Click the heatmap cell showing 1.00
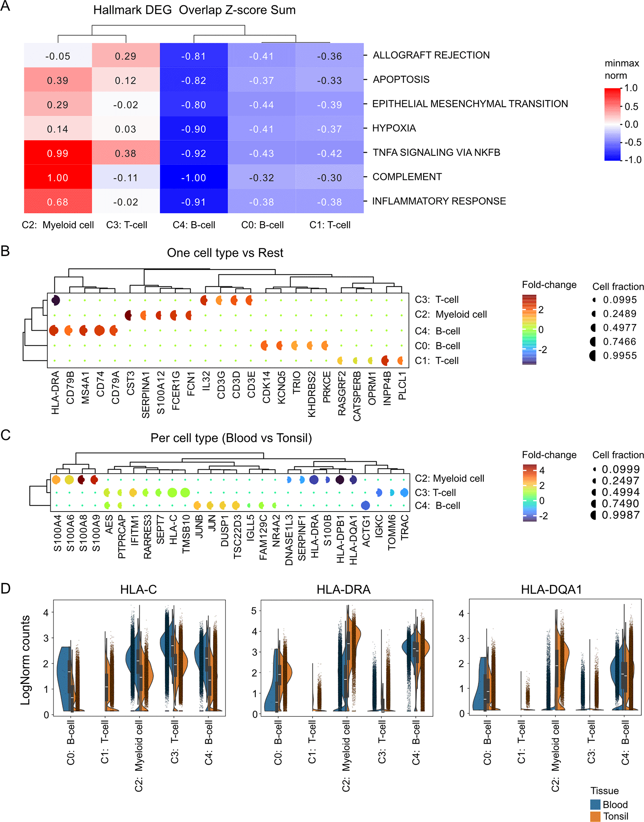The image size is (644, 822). coord(58,178)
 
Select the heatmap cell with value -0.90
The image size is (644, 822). coord(193,129)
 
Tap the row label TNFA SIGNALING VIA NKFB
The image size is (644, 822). coord(436,152)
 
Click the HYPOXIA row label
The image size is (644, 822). coord(394,128)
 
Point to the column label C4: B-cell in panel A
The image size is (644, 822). coord(194,225)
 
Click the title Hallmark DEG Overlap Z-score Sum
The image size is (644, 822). coord(194,10)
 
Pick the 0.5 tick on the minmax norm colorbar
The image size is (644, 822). coord(631,106)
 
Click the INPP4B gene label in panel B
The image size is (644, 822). coord(387,388)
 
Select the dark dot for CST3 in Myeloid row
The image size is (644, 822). coord(128,315)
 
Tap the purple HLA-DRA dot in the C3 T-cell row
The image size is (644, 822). coord(55,300)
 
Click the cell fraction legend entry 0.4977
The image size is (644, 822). coord(619,328)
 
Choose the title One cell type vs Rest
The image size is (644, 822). coord(225,253)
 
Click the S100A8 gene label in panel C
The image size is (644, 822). coord(83,533)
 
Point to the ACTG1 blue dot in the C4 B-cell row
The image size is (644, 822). coord(365,505)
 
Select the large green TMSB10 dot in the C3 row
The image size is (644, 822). coord(185,492)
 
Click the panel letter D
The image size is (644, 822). coord(5,588)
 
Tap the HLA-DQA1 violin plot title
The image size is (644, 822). coord(551,590)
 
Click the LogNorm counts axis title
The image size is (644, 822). coord(25,660)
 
